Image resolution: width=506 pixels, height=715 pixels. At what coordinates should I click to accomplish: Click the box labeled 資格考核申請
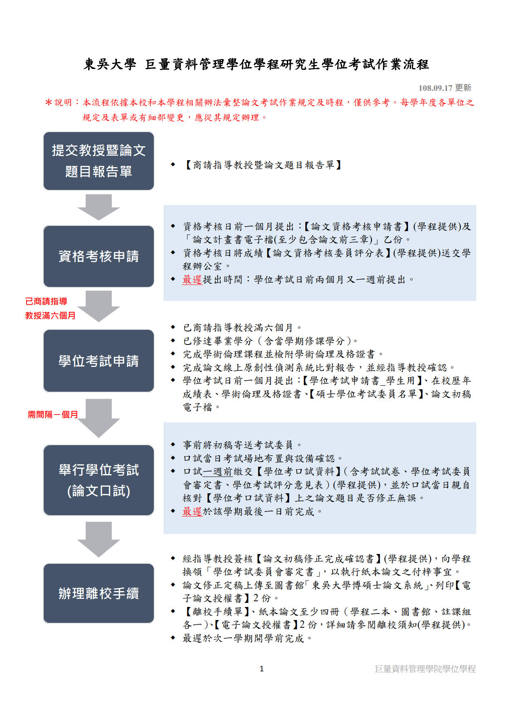pyautogui.click(x=99, y=256)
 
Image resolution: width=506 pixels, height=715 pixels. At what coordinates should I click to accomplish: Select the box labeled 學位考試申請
pyautogui.click(x=99, y=361)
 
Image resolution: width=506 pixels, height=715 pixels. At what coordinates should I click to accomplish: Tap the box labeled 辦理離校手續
pyautogui.click(x=99, y=593)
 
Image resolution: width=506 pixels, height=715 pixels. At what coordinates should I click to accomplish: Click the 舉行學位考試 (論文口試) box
pyautogui.click(x=99, y=480)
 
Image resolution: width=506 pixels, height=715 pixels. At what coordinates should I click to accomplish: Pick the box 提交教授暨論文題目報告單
pyautogui.click(x=99, y=161)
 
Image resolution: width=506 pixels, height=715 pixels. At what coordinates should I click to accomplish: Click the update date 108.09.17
pyautogui.click(x=435, y=88)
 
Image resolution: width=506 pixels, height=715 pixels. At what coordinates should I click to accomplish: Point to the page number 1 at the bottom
pyautogui.click(x=262, y=669)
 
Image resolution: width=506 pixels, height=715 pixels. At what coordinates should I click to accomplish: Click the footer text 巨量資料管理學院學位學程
pyautogui.click(x=425, y=669)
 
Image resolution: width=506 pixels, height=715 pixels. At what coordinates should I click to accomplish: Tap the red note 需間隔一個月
pyautogui.click(x=53, y=415)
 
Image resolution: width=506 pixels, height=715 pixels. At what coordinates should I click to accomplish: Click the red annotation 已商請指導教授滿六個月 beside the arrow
pyautogui.click(x=50, y=308)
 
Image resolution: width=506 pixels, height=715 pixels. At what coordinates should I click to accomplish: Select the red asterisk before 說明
pyautogui.click(x=49, y=103)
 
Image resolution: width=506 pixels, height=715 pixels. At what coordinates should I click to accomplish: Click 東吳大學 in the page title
pyautogui.click(x=110, y=64)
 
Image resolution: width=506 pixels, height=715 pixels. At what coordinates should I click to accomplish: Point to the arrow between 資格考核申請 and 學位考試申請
pyautogui.click(x=99, y=306)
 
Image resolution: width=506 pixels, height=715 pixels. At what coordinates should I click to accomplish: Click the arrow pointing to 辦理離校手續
pyautogui.click(x=99, y=539)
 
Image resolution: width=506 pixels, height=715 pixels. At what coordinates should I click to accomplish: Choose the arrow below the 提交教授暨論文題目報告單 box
pyautogui.click(x=99, y=207)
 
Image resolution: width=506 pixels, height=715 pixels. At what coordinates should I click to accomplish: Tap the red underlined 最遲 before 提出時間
pyautogui.click(x=192, y=280)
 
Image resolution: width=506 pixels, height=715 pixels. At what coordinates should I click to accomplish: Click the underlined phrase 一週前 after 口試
pyautogui.click(x=217, y=472)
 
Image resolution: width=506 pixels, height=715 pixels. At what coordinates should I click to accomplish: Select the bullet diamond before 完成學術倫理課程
pyautogui.click(x=173, y=354)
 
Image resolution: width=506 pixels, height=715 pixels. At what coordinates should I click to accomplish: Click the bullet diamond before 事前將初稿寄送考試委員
pyautogui.click(x=173, y=445)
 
